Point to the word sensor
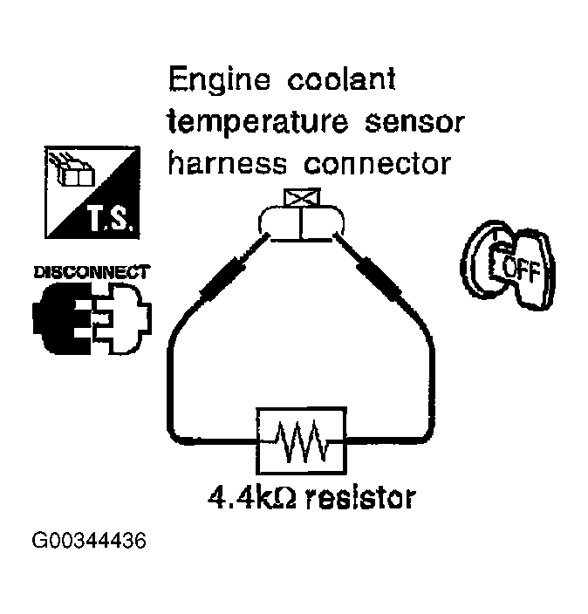pyautogui.click(x=409, y=123)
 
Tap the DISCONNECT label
pyautogui.click(x=91, y=272)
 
